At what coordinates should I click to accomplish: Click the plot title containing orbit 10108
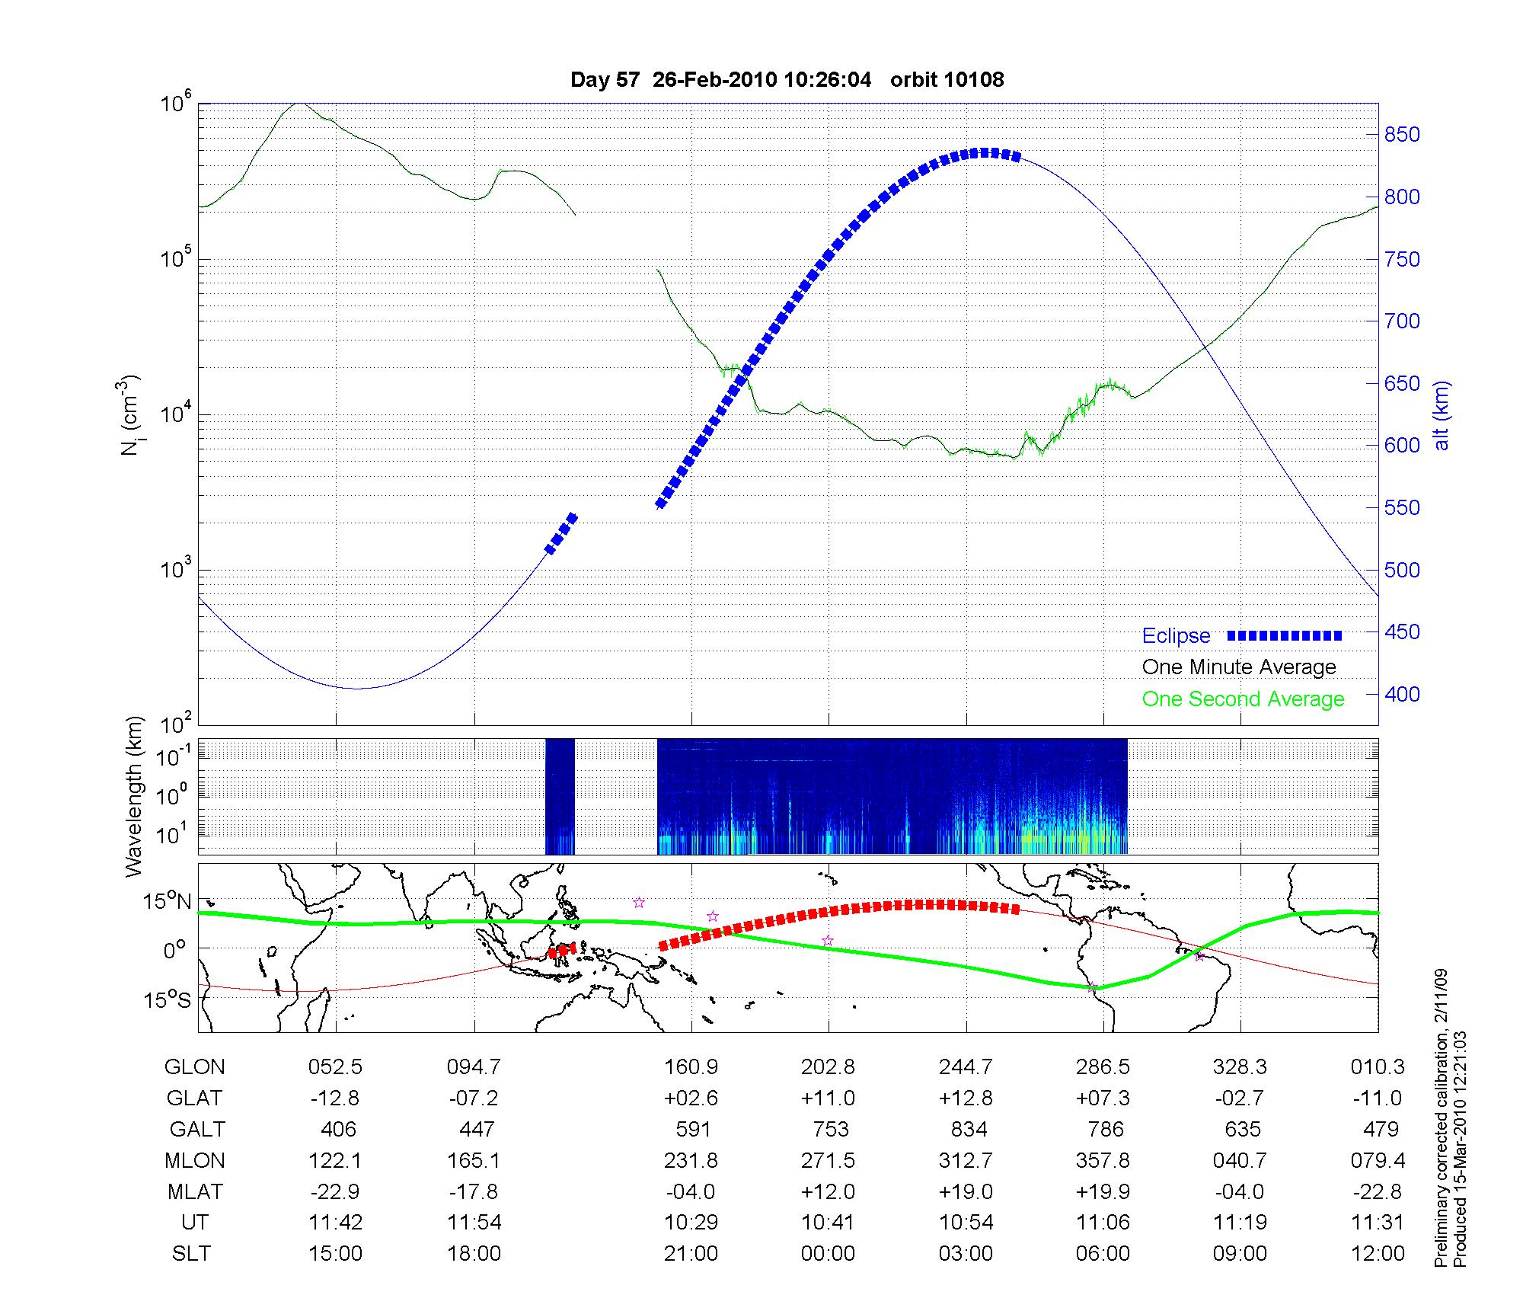(x=787, y=79)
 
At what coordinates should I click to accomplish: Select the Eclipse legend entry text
(x=1176, y=636)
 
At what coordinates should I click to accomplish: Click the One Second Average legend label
(x=1243, y=699)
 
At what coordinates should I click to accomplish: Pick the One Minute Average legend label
(x=1239, y=667)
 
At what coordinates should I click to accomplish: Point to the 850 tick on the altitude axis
(x=1402, y=135)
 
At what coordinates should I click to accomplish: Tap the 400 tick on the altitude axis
(x=1402, y=694)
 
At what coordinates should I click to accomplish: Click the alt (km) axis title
(x=1442, y=415)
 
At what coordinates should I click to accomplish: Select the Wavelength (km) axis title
(x=134, y=797)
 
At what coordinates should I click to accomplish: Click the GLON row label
(x=194, y=1067)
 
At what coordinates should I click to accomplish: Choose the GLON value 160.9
(x=691, y=1067)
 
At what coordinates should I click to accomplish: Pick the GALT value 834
(x=969, y=1129)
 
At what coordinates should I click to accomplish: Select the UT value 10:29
(x=691, y=1223)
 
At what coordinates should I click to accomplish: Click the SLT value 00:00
(x=828, y=1254)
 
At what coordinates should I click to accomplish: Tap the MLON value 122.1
(x=335, y=1160)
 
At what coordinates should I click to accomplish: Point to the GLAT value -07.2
(x=473, y=1098)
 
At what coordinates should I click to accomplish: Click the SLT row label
(x=191, y=1254)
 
